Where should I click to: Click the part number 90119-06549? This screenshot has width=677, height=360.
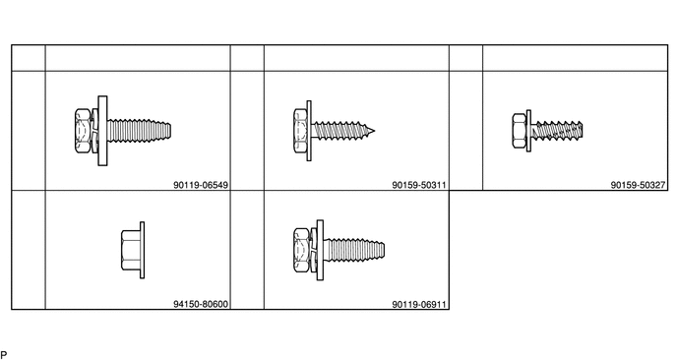click(x=201, y=185)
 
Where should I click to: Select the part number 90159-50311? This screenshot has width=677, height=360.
click(x=419, y=185)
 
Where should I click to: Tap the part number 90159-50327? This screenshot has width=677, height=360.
click(x=639, y=185)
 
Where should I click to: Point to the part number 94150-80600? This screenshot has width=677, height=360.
click(x=201, y=304)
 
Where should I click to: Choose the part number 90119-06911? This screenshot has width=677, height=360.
click(x=419, y=304)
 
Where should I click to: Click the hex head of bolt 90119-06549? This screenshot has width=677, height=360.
click(x=83, y=131)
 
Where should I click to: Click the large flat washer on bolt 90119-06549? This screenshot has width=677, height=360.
click(x=102, y=131)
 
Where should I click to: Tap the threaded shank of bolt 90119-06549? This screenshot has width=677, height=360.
click(x=139, y=131)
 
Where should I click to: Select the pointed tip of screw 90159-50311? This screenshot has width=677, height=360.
click(x=374, y=131)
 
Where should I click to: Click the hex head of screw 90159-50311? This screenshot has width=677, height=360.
click(x=300, y=131)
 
